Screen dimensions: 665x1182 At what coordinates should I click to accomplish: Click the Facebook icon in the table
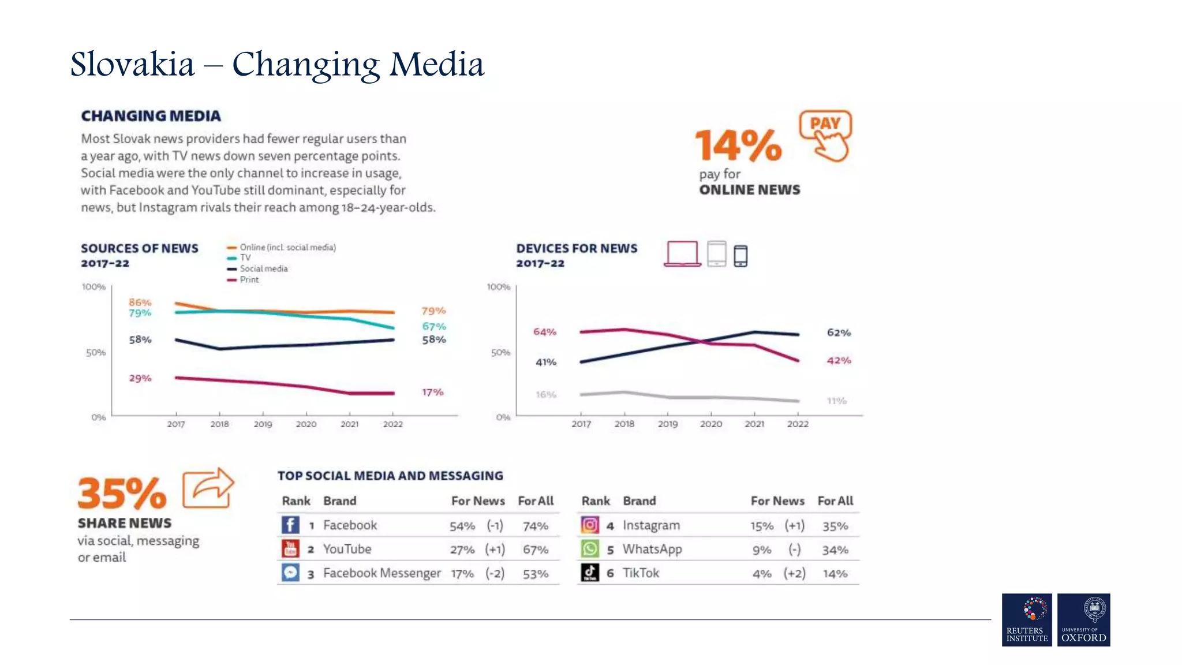(290, 525)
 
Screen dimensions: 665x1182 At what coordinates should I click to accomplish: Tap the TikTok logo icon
(589, 573)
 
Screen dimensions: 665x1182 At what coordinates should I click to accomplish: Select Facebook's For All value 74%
(535, 526)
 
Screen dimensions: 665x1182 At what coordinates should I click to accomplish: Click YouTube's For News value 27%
(462, 550)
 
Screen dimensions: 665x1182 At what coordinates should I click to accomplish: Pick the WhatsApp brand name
(652, 549)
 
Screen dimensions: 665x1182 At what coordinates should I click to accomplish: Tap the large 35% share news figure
(122, 494)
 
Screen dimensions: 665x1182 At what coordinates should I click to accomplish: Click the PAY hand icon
(826, 136)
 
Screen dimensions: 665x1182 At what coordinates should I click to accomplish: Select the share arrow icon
(208, 488)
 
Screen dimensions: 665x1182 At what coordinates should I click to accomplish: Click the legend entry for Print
(249, 279)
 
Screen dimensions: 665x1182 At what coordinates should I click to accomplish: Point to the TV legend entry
(245, 257)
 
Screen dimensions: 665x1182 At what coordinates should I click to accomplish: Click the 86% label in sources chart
(140, 302)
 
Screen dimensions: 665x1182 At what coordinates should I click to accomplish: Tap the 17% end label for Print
(432, 392)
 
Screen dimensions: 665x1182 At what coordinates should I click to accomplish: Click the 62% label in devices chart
(839, 332)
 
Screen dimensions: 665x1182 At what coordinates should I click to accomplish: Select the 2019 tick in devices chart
(668, 424)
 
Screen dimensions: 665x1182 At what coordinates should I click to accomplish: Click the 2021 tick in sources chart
(349, 424)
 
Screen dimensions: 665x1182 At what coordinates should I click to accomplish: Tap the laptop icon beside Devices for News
(682, 254)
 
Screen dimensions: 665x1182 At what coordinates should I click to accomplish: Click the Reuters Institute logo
(1027, 619)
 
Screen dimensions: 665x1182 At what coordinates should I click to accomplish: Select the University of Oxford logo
(1083, 619)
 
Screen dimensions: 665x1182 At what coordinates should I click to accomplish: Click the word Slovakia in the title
(132, 64)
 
